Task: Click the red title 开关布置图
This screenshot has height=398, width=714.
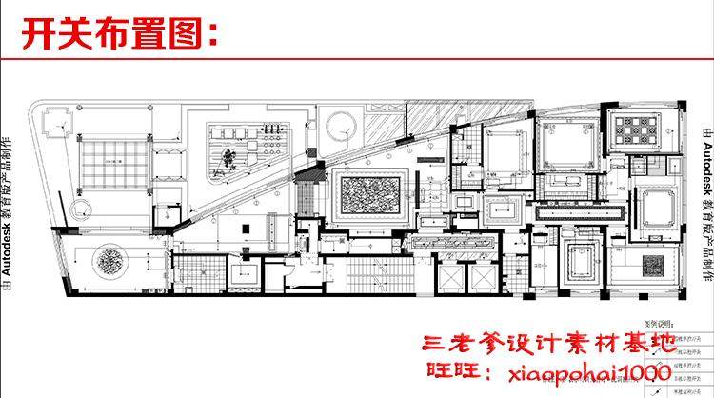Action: tap(120, 36)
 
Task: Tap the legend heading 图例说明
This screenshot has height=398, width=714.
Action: tap(659, 324)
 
